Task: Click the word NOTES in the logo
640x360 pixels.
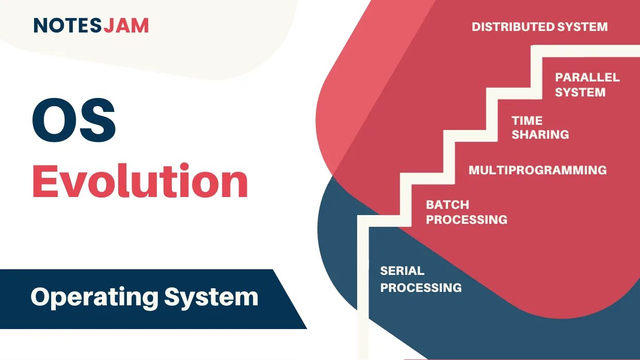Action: [x=68, y=25]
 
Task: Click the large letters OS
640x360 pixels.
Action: [x=74, y=123]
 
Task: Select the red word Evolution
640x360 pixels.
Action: [x=140, y=182]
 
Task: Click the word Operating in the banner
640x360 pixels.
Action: [x=93, y=298]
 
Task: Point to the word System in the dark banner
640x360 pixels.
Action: [x=211, y=298]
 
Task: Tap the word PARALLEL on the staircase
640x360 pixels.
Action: [x=587, y=77]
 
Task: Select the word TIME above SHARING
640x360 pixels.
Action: [x=527, y=121]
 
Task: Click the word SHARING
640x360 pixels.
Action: [x=540, y=135]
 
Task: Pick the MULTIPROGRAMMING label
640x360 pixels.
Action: [x=537, y=170]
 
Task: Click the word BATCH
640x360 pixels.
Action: [x=447, y=205]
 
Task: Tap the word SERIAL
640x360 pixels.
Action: [x=402, y=271]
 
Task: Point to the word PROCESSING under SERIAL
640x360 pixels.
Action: [x=421, y=287]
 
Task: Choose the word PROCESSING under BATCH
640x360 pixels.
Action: [x=467, y=220]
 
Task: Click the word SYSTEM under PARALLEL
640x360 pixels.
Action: [x=580, y=92]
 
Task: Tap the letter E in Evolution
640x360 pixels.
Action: [x=45, y=182]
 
